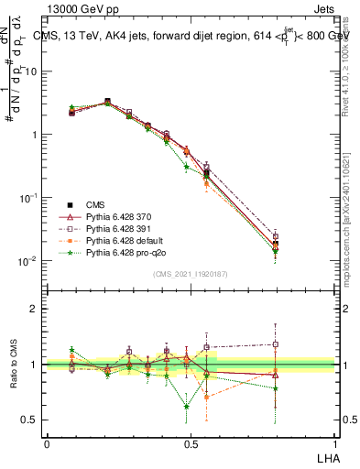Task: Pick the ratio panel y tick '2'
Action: coord(35,309)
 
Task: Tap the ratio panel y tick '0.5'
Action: coord(30,420)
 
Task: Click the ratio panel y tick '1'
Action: coord(35,365)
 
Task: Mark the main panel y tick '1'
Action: coord(35,135)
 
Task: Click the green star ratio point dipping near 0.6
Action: coord(187,407)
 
